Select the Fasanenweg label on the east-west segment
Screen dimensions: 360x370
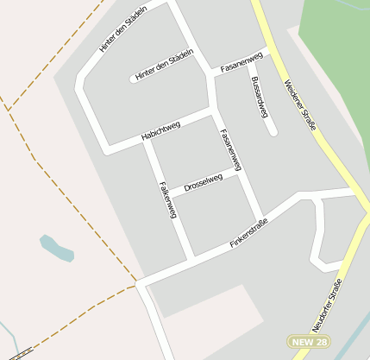click(x=241, y=63)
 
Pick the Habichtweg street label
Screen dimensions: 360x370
click(x=160, y=131)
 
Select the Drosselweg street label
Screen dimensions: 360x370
click(x=204, y=182)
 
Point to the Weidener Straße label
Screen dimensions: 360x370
click(x=299, y=105)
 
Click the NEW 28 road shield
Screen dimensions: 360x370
click(x=309, y=342)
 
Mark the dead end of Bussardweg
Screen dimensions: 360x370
click(x=273, y=132)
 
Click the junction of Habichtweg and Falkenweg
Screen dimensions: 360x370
click(x=147, y=139)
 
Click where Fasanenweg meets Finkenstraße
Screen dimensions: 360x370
click(x=260, y=217)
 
